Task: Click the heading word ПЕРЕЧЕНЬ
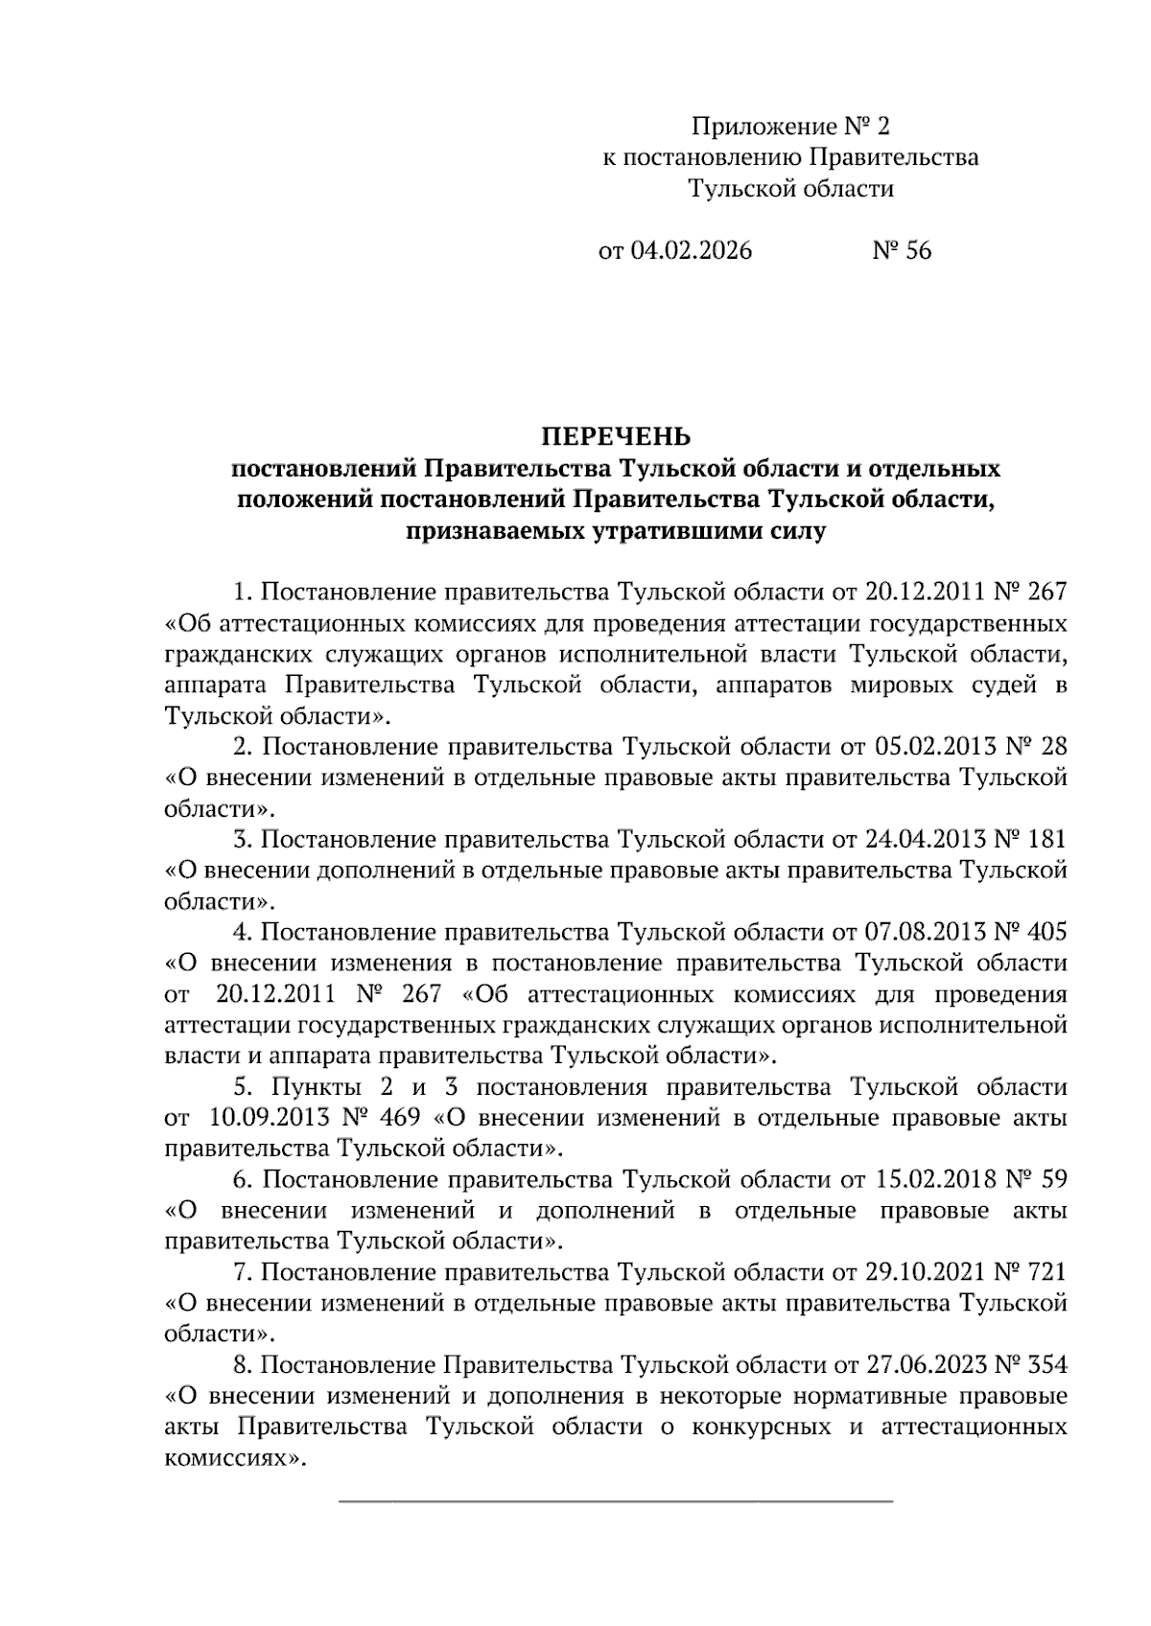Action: pyautogui.click(x=617, y=437)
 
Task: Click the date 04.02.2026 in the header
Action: pyautogui.click(x=691, y=251)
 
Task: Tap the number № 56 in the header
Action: pyautogui.click(x=901, y=251)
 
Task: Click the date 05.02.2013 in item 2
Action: pyautogui.click(x=931, y=747)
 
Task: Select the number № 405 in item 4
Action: pyautogui.click(x=1030, y=932)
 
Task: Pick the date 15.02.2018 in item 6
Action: pyautogui.click(x=931, y=1179)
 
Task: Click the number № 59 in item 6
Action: pyautogui.click(x=1037, y=1179)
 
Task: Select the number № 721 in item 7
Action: pyautogui.click(x=1030, y=1272)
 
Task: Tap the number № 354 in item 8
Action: pyautogui.click(x=1030, y=1365)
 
